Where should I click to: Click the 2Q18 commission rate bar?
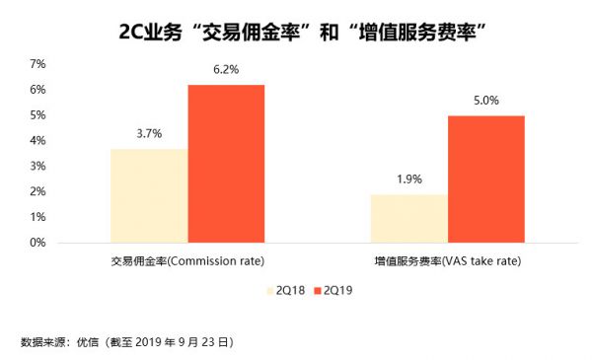click(149, 195)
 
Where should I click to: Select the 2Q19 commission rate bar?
click(226, 164)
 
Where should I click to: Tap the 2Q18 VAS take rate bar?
click(409, 218)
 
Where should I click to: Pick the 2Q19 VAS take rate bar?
click(486, 179)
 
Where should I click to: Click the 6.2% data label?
click(227, 70)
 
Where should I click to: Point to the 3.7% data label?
click(149, 134)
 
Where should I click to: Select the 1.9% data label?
click(409, 180)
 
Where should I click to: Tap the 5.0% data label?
click(486, 101)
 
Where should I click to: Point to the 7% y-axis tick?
click(37, 64)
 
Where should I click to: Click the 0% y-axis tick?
click(37, 243)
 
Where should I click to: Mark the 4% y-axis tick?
click(37, 141)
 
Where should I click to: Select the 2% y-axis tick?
click(37, 191)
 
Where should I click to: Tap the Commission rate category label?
click(187, 263)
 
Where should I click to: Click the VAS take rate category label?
click(448, 263)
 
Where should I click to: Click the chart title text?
click(296, 30)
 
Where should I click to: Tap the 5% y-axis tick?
click(37, 115)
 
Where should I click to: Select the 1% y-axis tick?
click(37, 217)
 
